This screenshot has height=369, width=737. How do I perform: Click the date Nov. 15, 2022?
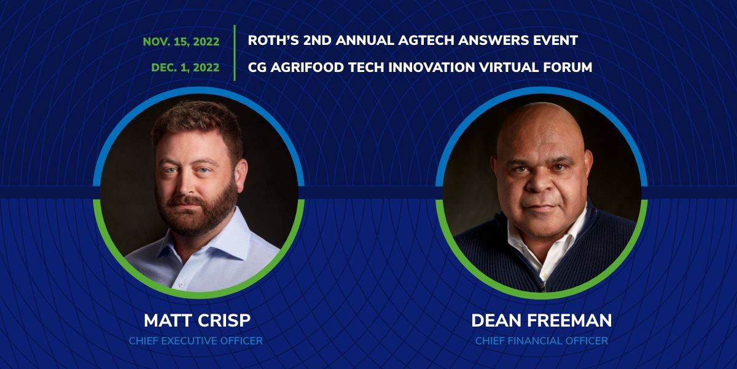pos(181,42)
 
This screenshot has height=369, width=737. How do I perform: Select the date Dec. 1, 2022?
pos(185,68)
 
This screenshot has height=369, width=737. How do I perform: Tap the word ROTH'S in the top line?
pos(273,41)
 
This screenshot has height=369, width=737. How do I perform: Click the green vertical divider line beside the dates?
pos(235,53)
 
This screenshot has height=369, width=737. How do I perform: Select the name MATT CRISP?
pos(197,320)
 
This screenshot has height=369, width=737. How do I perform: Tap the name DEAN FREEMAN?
pos(541,320)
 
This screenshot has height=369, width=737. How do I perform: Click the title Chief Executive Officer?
pos(196,341)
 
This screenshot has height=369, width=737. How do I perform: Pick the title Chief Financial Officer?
pos(541,341)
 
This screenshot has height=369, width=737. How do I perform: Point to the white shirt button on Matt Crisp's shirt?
pos(181,284)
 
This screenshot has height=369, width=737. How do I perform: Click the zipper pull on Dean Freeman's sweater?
pos(543,287)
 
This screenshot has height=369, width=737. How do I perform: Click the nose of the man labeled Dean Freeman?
pos(540,184)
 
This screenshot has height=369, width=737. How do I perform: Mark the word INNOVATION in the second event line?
pos(432,68)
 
